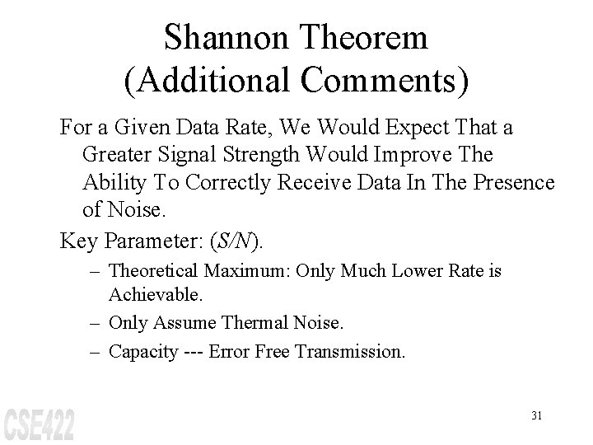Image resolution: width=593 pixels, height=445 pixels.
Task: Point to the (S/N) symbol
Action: click(236, 241)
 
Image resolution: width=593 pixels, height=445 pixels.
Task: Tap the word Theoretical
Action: click(156, 270)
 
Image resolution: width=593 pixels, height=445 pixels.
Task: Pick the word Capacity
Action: click(142, 352)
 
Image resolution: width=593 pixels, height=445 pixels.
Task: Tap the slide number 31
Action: click(536, 415)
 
